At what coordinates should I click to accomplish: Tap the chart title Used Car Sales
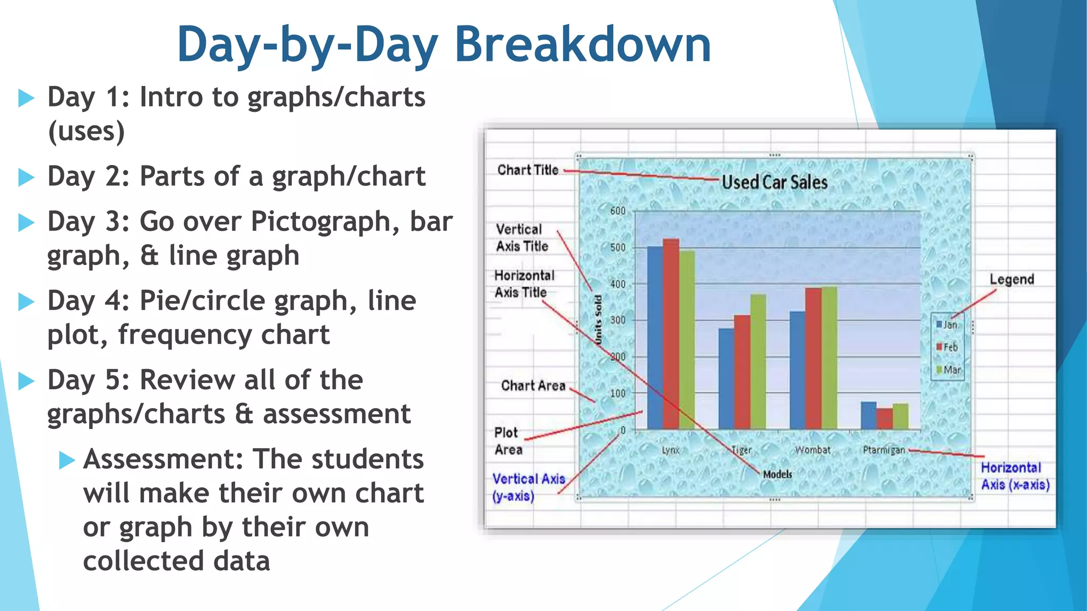[774, 182]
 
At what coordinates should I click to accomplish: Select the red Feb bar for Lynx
[671, 334]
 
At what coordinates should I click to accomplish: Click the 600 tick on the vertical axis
[617, 211]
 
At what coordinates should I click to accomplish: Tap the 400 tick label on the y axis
[617, 284]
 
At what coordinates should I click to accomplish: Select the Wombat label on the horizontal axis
[813, 450]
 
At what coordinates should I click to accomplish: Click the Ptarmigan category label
[884, 450]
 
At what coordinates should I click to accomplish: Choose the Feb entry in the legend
[947, 347]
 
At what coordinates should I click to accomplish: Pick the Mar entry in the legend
[949, 370]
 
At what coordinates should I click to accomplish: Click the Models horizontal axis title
[777, 474]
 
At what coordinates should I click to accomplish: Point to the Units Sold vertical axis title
[598, 320]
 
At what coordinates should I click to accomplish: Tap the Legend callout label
[1012, 280]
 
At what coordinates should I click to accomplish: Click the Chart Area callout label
[533, 386]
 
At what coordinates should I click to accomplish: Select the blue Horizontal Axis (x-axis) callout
[1014, 476]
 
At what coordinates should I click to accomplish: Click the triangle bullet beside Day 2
[26, 177]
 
